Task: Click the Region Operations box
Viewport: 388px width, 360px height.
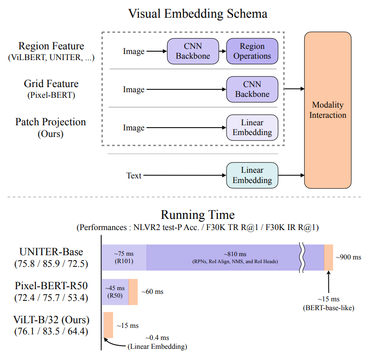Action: coord(252,51)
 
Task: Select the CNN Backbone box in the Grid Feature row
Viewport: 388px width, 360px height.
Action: coord(252,89)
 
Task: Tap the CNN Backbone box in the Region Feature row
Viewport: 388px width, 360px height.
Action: coord(193,51)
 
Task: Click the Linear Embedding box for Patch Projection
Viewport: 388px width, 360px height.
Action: coord(252,128)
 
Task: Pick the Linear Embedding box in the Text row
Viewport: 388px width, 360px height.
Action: coord(252,175)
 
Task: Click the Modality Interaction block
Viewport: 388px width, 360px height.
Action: coord(329,110)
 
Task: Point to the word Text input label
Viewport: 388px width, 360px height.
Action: coord(134,176)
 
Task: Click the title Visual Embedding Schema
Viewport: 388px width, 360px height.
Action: coord(198,14)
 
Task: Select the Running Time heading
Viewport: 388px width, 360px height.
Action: coord(198,215)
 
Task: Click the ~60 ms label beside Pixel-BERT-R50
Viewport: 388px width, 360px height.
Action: coord(153,292)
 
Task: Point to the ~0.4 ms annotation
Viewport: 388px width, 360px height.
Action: coord(157,337)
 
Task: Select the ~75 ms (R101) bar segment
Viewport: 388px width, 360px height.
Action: coord(124,258)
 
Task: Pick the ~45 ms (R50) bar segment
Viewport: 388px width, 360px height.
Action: coord(115,292)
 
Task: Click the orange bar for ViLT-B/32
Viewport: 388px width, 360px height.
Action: coord(108,325)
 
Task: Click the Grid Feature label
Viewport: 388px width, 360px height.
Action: coord(51,84)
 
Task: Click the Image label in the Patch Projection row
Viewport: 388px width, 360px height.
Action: coord(134,128)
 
